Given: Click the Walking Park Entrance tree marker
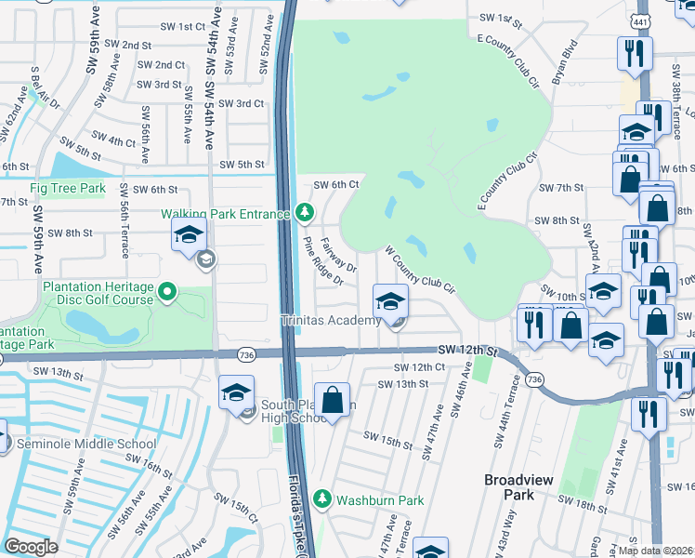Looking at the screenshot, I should tap(304, 214).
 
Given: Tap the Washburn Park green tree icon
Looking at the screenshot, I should tap(322, 499).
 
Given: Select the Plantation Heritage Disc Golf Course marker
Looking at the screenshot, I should tap(167, 294).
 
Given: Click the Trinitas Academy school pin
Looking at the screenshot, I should tap(390, 301).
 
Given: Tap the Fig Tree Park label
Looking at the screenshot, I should tap(68, 188).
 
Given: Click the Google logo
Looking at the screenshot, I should tap(32, 547).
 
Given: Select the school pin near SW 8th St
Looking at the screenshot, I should tap(189, 236).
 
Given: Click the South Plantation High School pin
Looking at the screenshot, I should tap(236, 393).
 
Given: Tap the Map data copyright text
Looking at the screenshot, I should tap(655, 550).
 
